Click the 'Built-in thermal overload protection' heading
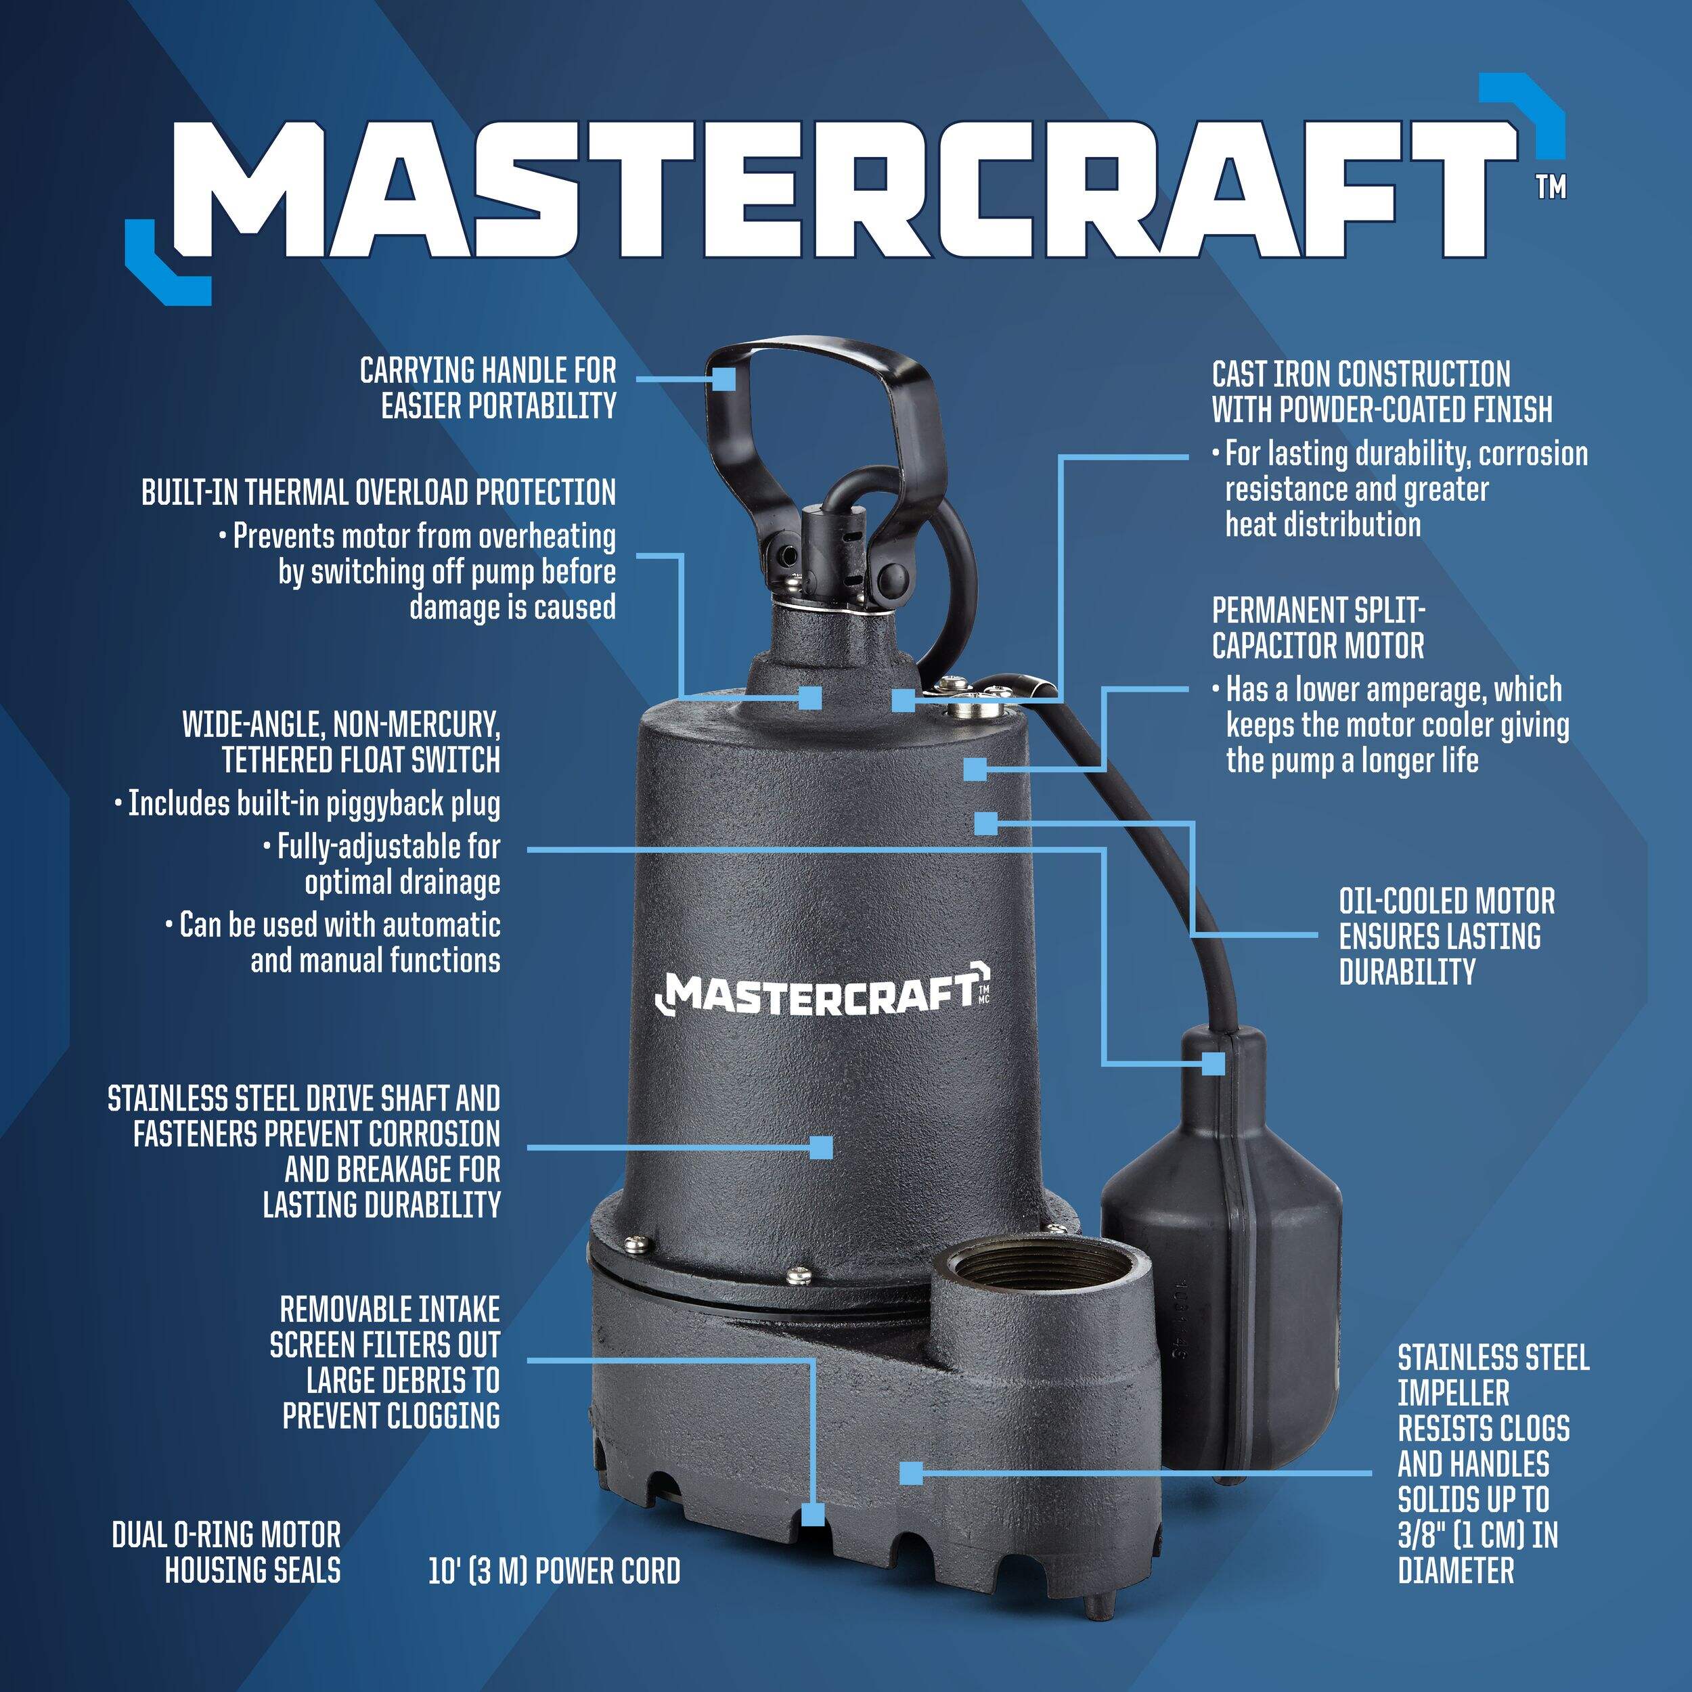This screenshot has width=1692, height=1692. click(378, 492)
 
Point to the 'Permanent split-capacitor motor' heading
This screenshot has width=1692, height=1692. click(1318, 628)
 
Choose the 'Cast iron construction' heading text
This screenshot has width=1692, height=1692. click(1361, 374)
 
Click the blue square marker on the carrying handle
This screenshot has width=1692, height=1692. click(723, 379)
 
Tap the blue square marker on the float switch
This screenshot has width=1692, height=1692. click(1213, 1063)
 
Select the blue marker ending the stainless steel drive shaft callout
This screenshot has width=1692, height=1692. click(820, 1147)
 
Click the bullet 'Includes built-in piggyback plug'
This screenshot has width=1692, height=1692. click(307, 804)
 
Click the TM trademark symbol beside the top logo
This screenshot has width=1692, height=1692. click(1552, 188)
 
